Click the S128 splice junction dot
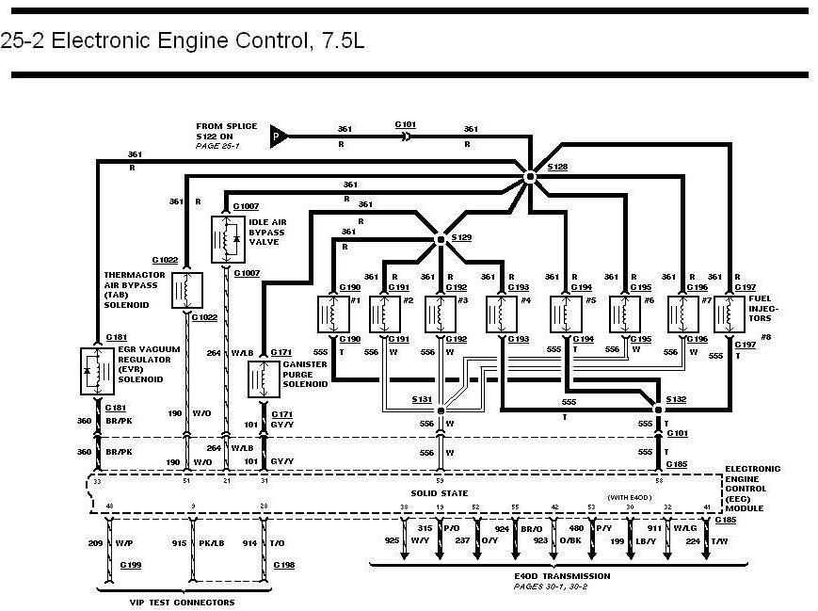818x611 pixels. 530,176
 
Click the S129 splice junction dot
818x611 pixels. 440,240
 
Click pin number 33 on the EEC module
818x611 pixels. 97,480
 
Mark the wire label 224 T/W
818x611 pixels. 702,541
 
